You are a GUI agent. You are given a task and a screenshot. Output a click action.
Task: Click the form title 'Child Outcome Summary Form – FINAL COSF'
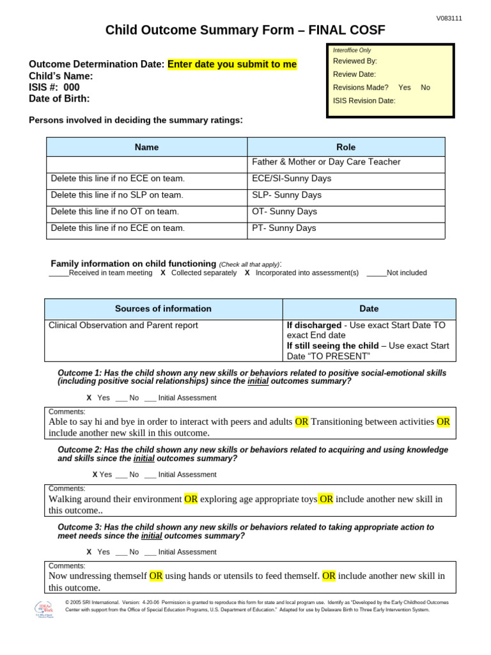[245, 30]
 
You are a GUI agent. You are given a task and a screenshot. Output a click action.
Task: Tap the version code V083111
[449, 19]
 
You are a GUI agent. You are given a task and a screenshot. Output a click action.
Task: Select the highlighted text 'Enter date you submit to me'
[232, 65]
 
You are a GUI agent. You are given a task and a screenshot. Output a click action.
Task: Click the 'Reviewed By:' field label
[355, 61]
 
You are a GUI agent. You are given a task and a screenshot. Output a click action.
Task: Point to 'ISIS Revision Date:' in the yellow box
[364, 100]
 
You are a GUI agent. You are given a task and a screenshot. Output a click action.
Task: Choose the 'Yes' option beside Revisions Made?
[404, 87]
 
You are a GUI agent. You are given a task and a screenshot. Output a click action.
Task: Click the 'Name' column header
[146, 147]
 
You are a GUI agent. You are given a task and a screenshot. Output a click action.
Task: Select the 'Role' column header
[346, 147]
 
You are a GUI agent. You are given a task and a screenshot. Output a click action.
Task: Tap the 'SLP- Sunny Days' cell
[286, 195]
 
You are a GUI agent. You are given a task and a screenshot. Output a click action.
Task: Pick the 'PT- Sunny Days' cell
[284, 228]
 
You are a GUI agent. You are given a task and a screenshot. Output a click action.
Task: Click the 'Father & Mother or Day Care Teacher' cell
[326, 162]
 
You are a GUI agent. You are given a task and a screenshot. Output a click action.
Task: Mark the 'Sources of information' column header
[163, 309]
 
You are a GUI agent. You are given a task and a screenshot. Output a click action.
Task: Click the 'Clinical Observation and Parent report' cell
[123, 326]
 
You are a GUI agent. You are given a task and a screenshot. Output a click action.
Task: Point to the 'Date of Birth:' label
[59, 99]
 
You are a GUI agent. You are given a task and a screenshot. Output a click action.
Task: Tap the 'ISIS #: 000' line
[54, 88]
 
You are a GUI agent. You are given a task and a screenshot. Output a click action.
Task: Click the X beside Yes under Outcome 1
[89, 398]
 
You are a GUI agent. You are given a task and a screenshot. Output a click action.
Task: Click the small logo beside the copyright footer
[45, 610]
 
